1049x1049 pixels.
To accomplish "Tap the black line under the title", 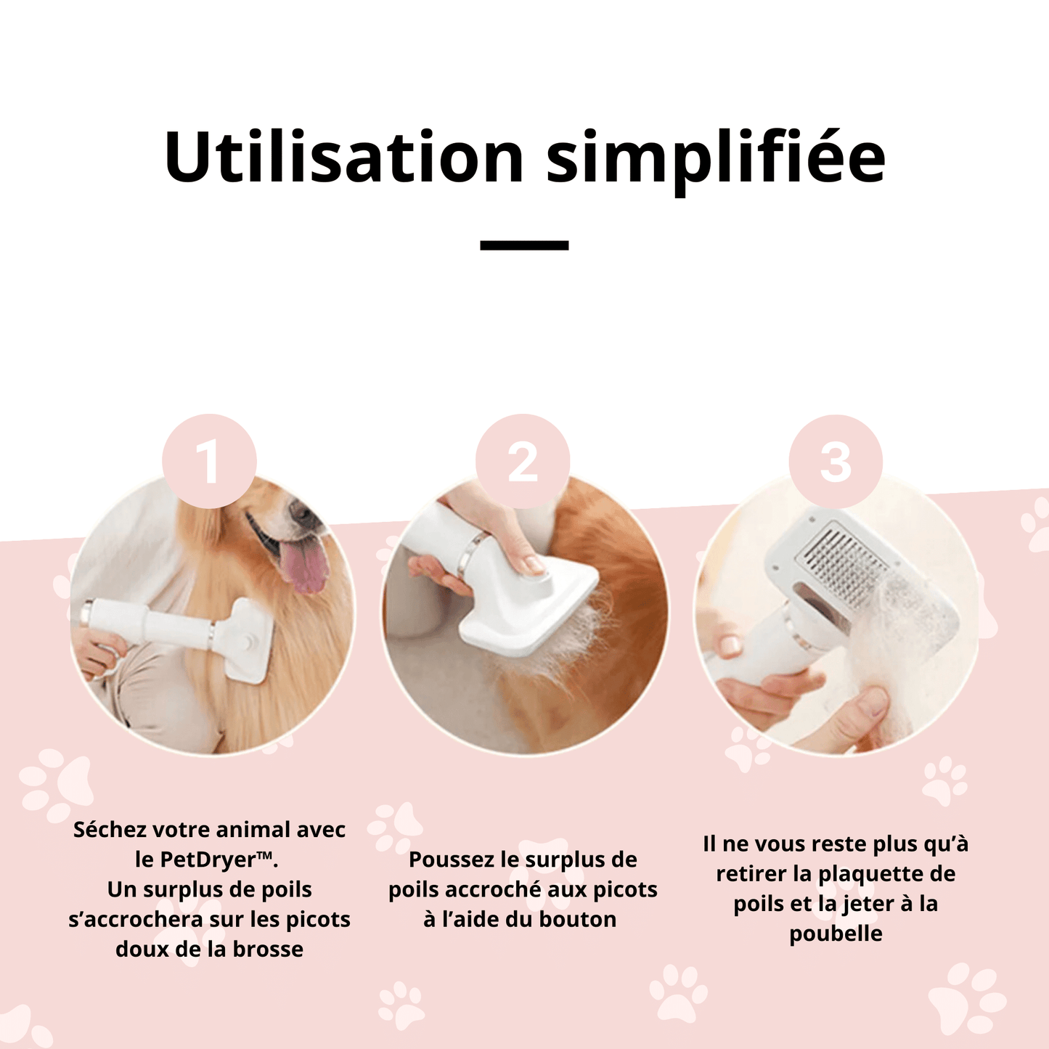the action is coord(524,245).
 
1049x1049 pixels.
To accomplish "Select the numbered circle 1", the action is coord(209,461).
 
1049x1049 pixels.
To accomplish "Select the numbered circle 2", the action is coord(523,461).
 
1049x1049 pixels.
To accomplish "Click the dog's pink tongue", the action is coord(308,567).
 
